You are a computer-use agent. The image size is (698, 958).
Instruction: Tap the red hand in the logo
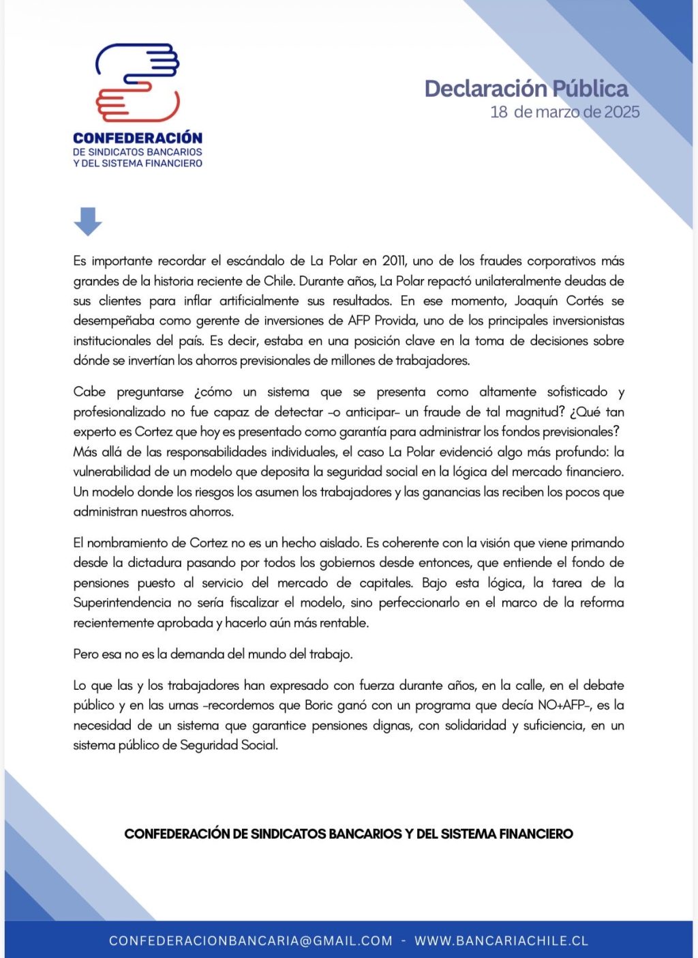coord(136,103)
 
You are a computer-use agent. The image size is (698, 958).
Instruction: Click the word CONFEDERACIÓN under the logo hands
coord(138,139)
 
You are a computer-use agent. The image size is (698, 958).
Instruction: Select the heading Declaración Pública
coord(526,89)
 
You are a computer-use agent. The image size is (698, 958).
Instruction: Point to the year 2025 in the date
coord(622,113)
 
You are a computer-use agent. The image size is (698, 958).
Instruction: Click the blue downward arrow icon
coord(88,222)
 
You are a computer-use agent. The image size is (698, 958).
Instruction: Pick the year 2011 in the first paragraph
coord(394,261)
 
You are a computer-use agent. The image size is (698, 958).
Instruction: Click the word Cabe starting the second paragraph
coord(89,392)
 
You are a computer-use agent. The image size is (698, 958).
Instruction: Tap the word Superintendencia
coord(122,603)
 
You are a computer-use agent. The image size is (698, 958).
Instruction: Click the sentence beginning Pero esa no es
coord(213,654)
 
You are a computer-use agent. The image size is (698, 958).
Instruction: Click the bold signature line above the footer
coord(348,834)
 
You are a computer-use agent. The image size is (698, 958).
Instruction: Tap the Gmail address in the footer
coord(251,941)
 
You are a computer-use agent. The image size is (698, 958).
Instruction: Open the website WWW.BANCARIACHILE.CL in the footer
coord(501,941)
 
